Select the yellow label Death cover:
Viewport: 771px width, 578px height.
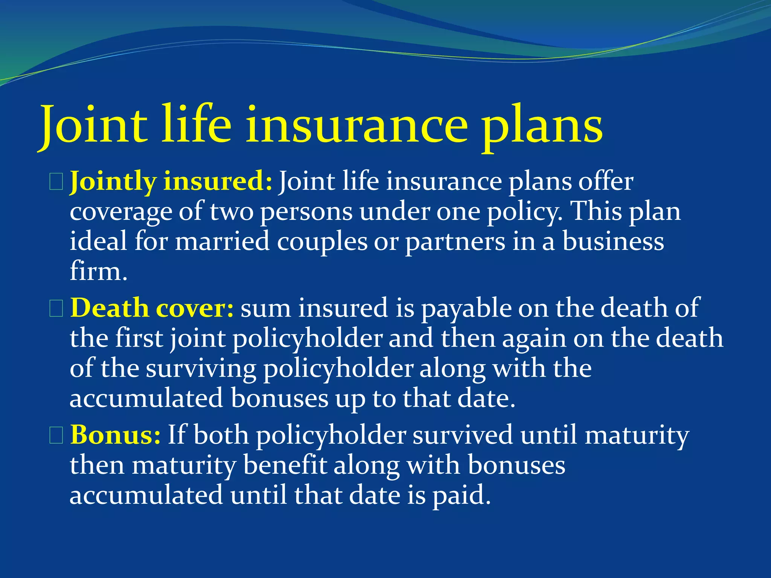(x=152, y=308)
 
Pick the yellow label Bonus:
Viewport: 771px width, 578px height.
(x=116, y=435)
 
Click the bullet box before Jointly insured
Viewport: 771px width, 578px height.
(x=56, y=183)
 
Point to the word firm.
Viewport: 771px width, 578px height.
(x=98, y=272)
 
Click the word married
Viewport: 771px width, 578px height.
(x=222, y=242)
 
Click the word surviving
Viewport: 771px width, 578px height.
(x=201, y=369)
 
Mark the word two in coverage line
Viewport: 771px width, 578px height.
(x=232, y=212)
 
